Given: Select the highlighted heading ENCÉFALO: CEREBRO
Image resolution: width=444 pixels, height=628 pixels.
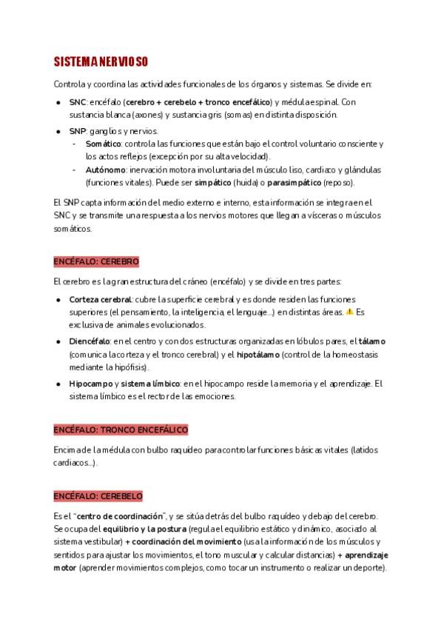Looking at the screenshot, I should pyautogui.click(x=96, y=262).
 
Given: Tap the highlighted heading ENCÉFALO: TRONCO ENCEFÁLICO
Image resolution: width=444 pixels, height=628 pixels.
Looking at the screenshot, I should pyautogui.click(x=121, y=430).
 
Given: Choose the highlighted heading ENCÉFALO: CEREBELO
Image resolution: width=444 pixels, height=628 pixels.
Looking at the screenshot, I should pyautogui.click(x=98, y=496).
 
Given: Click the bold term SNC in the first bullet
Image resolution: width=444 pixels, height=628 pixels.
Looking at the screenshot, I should pyautogui.click(x=77, y=101).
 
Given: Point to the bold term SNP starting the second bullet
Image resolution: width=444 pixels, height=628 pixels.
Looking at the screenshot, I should pyautogui.click(x=77, y=130).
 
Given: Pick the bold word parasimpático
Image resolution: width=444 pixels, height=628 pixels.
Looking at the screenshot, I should pyautogui.click(x=298, y=182).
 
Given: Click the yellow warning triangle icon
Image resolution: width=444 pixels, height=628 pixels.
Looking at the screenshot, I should pyautogui.click(x=349, y=312).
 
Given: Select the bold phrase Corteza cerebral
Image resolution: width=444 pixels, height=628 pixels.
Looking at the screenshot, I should pyautogui.click(x=100, y=299).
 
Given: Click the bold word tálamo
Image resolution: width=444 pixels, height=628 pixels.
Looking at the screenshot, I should pyautogui.click(x=372, y=341).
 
